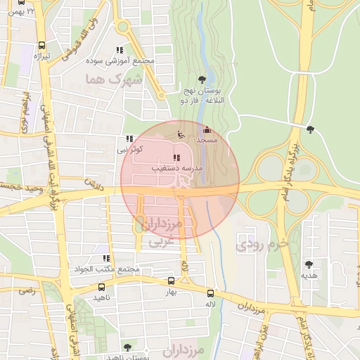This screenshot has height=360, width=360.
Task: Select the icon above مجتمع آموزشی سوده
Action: point(120,50)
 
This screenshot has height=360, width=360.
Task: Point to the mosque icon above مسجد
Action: point(206,130)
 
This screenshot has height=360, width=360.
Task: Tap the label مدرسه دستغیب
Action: point(176,169)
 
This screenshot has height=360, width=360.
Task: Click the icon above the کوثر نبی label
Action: point(129,139)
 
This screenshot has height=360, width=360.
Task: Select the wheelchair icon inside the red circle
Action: point(180,134)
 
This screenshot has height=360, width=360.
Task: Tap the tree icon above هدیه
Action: point(309,264)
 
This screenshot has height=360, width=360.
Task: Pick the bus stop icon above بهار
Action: point(172,281)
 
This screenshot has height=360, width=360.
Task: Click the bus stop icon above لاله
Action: point(210,292)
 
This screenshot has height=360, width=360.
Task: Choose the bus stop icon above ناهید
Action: point(102,287)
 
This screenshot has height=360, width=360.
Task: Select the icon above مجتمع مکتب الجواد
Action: point(106,259)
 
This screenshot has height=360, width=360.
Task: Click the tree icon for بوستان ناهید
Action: point(127,347)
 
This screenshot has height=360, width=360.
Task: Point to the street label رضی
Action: point(26,290)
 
